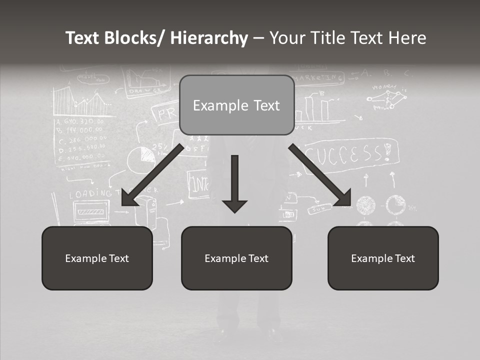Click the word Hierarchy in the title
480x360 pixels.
tap(209, 38)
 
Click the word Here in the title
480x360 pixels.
tap(407, 38)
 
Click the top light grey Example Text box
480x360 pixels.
tap(236, 105)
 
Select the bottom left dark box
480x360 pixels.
tap(97, 258)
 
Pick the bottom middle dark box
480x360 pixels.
tap(236, 258)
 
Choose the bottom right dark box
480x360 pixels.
tap(383, 258)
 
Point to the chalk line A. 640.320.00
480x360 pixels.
tap(80, 121)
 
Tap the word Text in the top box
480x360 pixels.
tap(265, 105)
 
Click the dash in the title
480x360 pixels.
tap(258, 38)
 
